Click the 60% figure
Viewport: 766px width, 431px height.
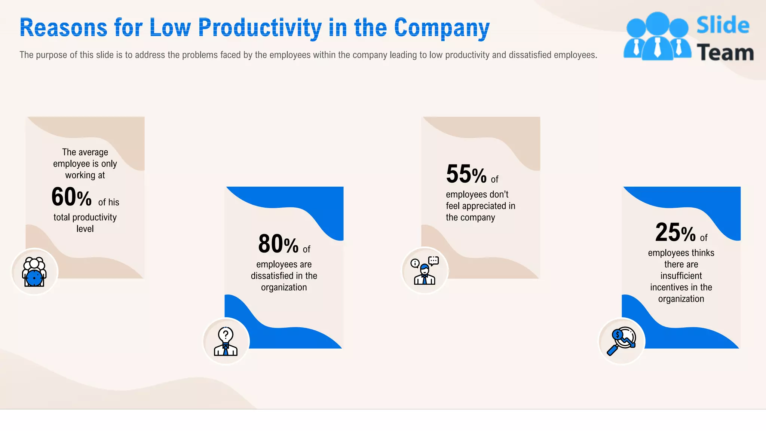pos(71,197)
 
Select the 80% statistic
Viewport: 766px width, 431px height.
pos(278,244)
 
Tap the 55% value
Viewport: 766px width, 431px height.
pos(466,174)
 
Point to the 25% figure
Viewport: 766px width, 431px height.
pos(675,233)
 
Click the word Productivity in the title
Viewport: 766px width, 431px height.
pos(260,28)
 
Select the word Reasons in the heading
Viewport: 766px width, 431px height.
pos(63,28)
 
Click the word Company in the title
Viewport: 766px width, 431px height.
pos(442,28)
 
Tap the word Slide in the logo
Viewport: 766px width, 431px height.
pos(723,25)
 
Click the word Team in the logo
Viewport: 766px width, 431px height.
pos(725,53)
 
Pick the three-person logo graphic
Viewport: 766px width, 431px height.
pos(657,36)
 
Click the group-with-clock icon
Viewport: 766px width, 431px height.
pos(34,272)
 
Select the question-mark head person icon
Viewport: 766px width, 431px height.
pos(226,341)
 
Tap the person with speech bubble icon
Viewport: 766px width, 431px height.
pos(425,270)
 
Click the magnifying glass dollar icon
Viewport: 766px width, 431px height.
pos(621,341)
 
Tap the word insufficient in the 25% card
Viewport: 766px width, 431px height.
pos(681,276)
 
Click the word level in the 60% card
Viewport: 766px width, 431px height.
pos(85,229)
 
